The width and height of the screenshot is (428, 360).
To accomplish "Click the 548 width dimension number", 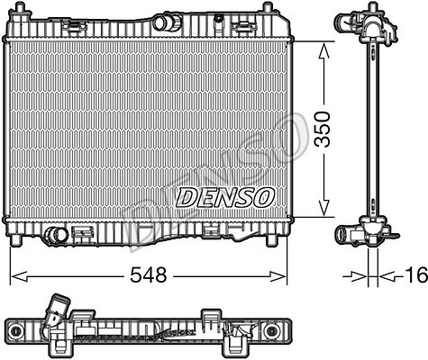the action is point(148,274).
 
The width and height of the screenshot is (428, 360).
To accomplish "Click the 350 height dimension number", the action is point(322,129).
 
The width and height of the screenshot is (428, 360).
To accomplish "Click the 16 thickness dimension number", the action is point(417,274).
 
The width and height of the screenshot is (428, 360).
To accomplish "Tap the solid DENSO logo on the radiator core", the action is point(225,198).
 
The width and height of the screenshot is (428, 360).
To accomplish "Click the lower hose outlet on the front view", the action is point(55,235).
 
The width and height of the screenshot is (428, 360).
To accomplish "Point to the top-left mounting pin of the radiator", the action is point(20,8).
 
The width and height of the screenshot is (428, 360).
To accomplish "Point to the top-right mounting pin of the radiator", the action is point(268,8).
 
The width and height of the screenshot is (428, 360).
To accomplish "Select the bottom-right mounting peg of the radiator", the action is point(271,239).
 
